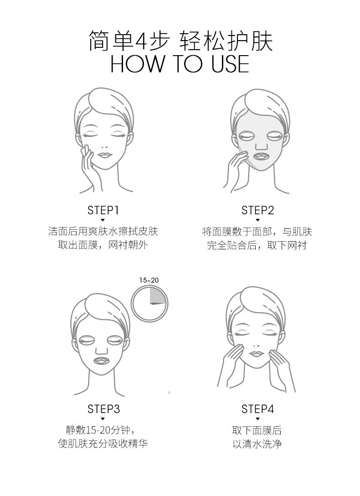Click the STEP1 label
(103, 210)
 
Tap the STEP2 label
(257, 210)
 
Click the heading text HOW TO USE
(180, 64)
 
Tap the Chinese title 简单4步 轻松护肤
(180, 41)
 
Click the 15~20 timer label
(149, 280)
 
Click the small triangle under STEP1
(103, 220)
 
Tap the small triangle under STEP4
(257, 418)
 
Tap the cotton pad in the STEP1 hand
(84, 149)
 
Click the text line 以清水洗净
(257, 444)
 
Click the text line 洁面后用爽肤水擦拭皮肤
(103, 231)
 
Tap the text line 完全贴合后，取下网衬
(257, 245)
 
